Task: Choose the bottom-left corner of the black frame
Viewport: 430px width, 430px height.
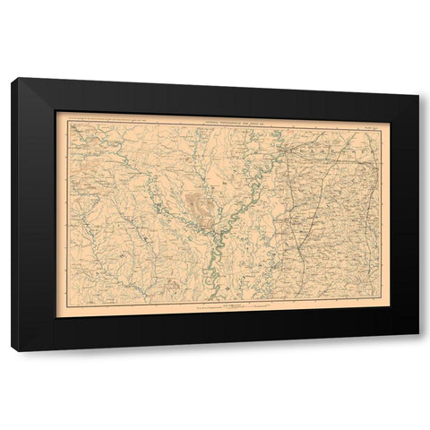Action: [x=12, y=350]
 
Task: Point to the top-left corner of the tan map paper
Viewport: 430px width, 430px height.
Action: [x=56, y=110]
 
